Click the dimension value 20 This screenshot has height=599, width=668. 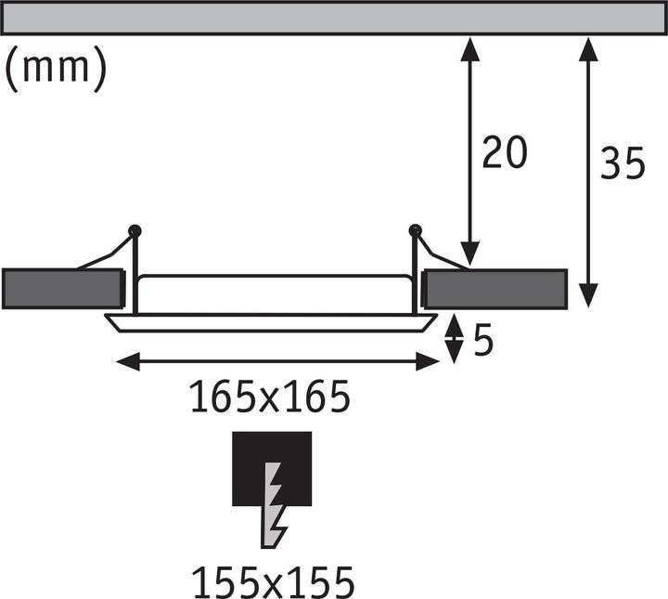point(505,152)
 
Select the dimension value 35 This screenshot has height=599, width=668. point(623,164)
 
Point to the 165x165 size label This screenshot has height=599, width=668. point(270,398)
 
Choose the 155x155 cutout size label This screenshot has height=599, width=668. point(273,583)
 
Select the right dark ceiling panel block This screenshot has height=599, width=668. point(495,289)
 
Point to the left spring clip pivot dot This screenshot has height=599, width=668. point(135,229)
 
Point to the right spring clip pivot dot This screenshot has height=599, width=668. point(414,229)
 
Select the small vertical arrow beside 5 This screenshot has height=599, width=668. point(454,340)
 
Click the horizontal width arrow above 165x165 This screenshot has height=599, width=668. point(276,361)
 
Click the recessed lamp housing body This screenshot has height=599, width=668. point(275,293)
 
